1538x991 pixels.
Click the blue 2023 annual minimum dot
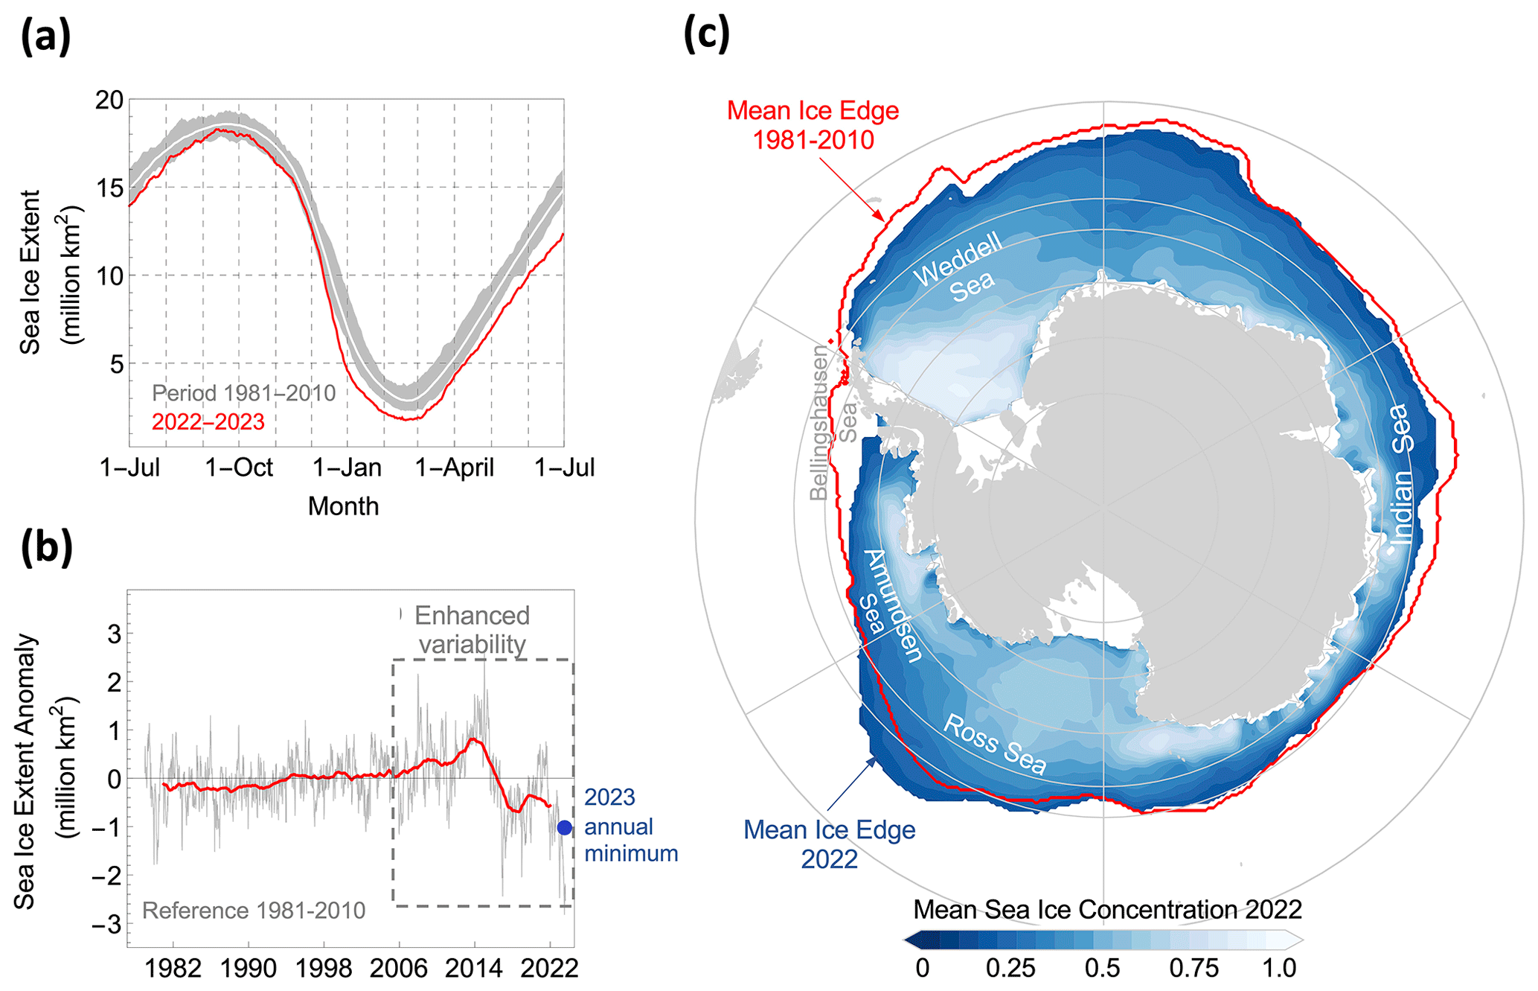click(x=564, y=827)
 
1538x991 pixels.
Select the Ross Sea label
click(x=995, y=744)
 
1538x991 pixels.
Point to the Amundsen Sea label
click(x=889, y=604)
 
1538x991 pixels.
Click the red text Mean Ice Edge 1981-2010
click(x=813, y=125)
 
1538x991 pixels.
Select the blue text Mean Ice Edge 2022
click(x=830, y=844)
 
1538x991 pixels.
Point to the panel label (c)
click(x=707, y=34)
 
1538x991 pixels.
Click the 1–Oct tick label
click(x=239, y=468)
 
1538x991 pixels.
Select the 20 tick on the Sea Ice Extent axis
click(x=109, y=100)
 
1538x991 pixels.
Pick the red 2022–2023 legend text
click(x=208, y=422)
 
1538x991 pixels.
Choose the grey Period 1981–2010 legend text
click(x=244, y=393)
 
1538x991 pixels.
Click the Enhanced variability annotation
click(x=472, y=629)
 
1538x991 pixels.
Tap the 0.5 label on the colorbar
click(x=1102, y=968)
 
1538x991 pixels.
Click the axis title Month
click(x=343, y=506)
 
